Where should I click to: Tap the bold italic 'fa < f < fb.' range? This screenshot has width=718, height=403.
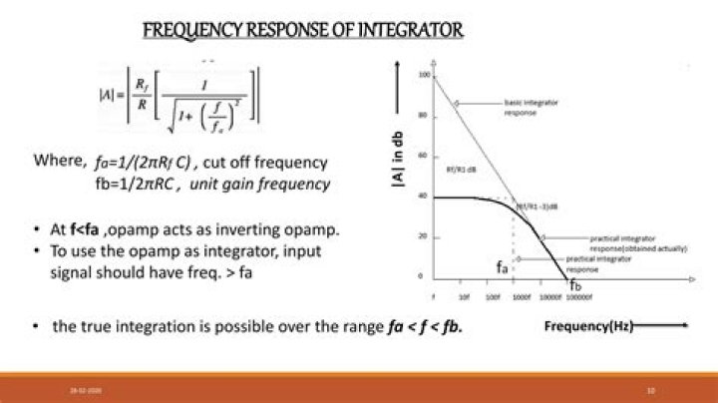pos(426,327)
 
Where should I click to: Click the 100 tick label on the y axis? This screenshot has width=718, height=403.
pos(424,75)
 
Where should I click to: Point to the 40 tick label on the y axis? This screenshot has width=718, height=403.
pos(424,197)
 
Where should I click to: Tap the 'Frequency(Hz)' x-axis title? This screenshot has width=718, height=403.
pos(586,326)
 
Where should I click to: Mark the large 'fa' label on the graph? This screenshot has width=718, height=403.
pos(504,267)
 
